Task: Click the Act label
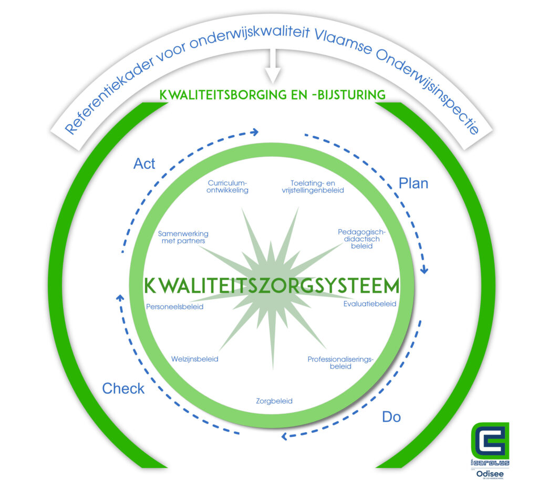tap(144, 164)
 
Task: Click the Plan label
tap(413, 184)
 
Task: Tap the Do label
tap(391, 417)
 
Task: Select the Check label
tap(123, 389)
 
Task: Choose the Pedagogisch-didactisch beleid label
tap(362, 238)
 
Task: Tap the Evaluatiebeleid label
tap(370, 304)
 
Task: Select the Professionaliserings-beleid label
tap(340, 363)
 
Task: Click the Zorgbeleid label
tap(274, 401)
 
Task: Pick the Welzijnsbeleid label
tap(194, 359)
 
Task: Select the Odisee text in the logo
tap(490, 474)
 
